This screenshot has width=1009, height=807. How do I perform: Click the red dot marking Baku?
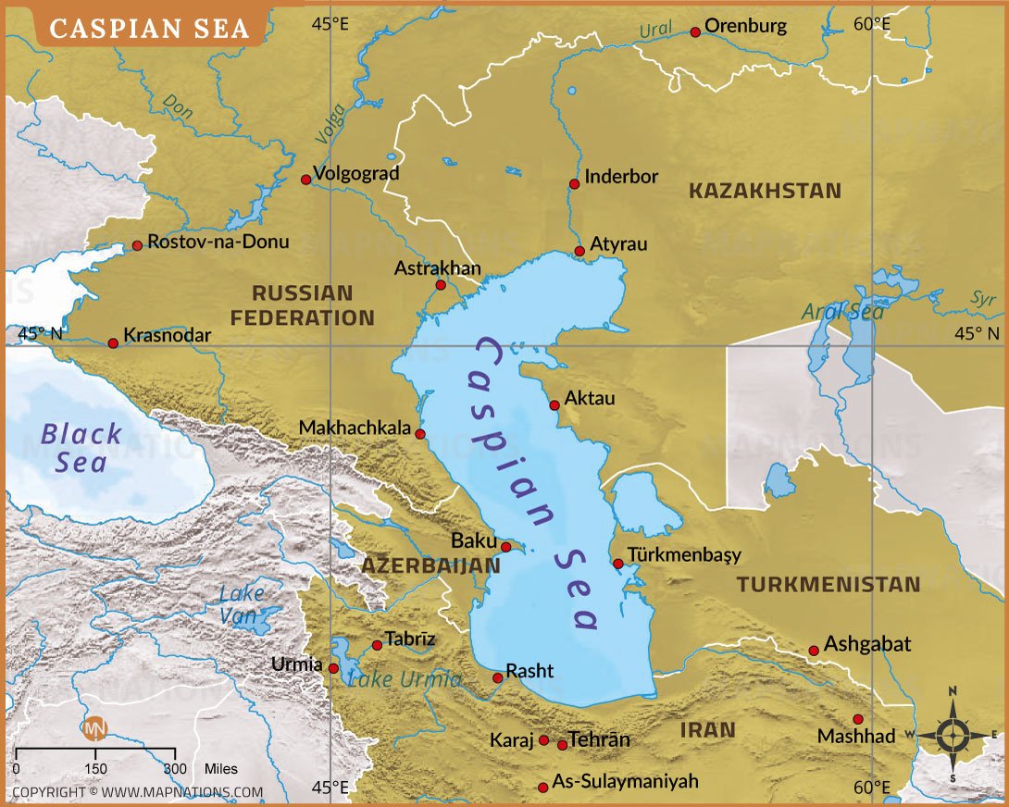point(505,547)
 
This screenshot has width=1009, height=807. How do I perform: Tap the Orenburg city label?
point(745,26)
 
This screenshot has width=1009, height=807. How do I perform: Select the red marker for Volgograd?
point(306,180)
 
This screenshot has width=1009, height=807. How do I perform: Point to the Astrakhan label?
point(438,268)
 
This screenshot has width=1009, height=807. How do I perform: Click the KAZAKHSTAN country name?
point(765,192)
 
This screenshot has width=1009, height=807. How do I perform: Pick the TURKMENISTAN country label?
point(828,584)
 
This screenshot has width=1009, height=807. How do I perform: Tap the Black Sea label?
point(81,447)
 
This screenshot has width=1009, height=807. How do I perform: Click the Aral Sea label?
point(842,312)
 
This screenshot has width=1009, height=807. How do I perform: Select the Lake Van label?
point(242,603)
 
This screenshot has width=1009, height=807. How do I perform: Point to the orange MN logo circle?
point(95,728)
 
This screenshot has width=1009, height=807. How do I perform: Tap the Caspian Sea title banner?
point(149,28)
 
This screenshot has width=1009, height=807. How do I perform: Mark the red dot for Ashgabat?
point(814,651)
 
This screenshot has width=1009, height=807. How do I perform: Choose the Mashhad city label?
point(856,737)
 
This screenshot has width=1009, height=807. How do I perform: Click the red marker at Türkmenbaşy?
point(617,564)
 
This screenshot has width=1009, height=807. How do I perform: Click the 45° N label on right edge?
point(978,333)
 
